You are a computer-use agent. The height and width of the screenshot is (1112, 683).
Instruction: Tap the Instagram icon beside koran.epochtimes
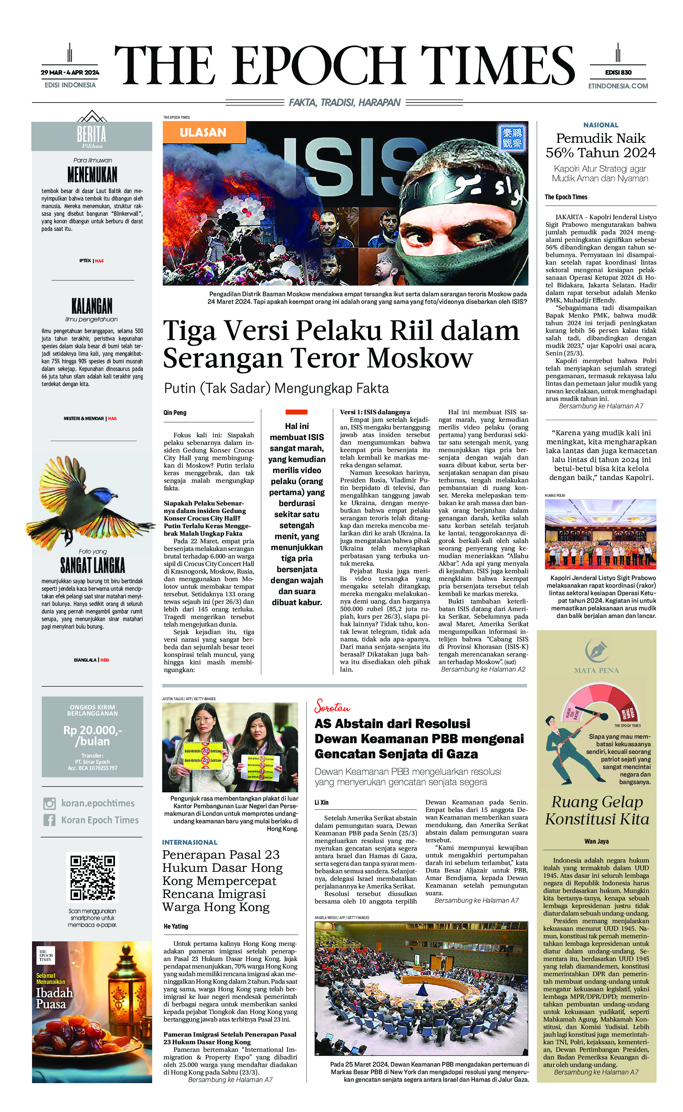(50, 803)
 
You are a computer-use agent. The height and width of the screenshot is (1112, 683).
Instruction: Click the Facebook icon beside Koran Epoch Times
(50, 820)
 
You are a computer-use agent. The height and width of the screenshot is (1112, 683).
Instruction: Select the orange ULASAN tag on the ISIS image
(203, 133)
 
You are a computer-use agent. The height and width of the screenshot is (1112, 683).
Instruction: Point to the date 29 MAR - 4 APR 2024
(70, 72)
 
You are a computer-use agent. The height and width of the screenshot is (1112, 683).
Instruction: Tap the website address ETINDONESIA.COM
(618, 86)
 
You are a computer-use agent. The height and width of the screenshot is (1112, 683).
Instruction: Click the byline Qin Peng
(175, 412)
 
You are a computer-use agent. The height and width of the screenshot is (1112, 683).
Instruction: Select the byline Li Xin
(322, 802)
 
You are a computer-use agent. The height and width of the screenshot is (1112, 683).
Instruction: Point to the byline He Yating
(176, 926)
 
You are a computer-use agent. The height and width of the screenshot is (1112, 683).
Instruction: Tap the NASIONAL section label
(600, 125)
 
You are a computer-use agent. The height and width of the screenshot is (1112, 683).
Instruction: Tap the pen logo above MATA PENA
(596, 651)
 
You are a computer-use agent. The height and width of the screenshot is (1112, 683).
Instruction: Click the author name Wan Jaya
(596, 841)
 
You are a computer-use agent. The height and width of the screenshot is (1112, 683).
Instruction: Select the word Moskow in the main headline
(420, 358)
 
